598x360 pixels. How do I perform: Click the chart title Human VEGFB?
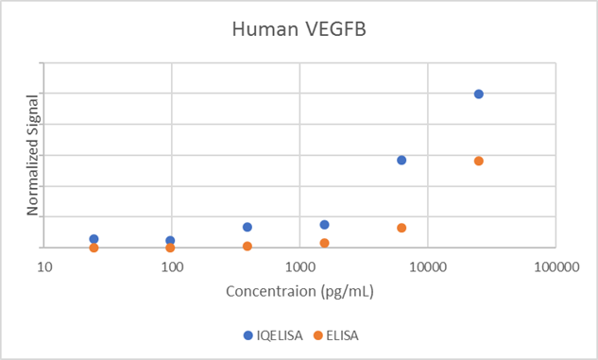(299, 29)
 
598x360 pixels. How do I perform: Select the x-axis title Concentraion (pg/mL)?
(299, 291)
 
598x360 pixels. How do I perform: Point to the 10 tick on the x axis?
(44, 267)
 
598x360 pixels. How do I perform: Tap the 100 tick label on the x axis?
(172, 267)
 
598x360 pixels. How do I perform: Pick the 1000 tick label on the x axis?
(299, 267)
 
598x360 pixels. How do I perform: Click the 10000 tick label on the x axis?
(427, 267)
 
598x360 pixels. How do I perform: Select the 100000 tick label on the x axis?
(555, 267)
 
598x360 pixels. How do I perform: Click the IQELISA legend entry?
(274, 334)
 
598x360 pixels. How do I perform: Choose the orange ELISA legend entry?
(338, 334)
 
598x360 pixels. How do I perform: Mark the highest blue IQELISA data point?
(479, 94)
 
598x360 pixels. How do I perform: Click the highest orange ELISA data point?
(479, 161)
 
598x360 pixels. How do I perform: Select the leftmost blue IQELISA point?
(94, 239)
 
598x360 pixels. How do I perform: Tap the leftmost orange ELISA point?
(94, 248)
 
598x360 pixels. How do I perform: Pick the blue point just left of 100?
(170, 241)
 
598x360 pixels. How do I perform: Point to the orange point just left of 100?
(170, 248)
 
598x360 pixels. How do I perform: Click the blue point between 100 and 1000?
(248, 227)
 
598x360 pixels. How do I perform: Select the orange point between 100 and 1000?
(248, 247)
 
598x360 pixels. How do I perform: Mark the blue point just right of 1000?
(324, 225)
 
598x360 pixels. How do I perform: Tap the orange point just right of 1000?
(324, 243)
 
